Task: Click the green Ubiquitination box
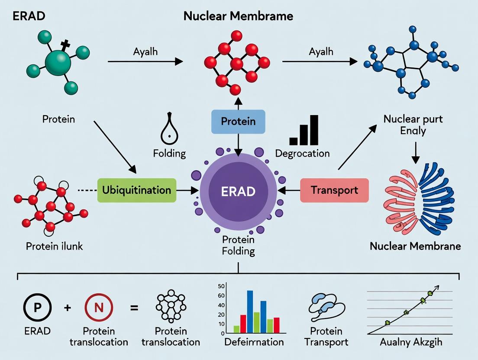tap(137, 190)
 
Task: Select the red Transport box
tap(334, 190)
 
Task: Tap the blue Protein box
tap(238, 122)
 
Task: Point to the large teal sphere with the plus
tap(58, 63)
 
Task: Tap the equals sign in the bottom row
tap(134, 308)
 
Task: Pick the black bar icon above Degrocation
tap(304, 130)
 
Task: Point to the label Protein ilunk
tap(54, 246)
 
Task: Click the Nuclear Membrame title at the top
tap(238, 16)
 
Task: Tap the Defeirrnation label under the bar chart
tap(254, 342)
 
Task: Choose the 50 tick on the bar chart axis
tap(221, 286)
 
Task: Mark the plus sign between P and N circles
tap(67, 308)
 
